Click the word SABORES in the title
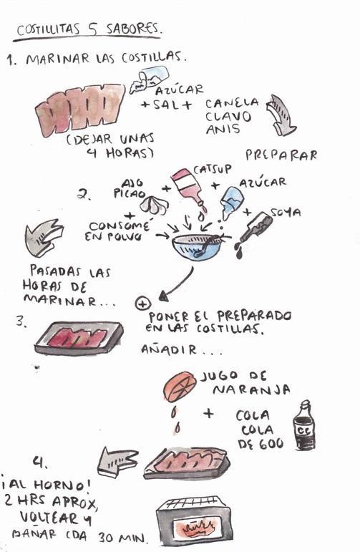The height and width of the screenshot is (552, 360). [133, 29]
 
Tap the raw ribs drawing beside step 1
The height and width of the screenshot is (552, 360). [80, 110]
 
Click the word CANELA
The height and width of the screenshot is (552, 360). [232, 104]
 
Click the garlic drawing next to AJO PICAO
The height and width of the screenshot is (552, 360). [155, 205]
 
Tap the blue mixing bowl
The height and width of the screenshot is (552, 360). [199, 247]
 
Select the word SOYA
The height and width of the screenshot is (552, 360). [286, 213]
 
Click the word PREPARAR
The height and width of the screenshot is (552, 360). [281, 155]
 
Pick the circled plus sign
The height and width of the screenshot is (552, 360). [142, 303]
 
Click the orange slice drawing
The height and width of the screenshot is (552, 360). [180, 387]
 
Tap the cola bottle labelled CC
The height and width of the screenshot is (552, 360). [304, 425]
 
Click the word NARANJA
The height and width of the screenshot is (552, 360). [251, 389]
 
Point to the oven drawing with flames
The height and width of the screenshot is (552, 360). [195, 521]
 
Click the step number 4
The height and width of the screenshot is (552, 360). [40, 462]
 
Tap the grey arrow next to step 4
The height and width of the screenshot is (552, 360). [117, 462]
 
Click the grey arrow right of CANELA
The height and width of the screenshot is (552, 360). [281, 115]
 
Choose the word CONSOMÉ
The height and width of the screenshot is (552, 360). [120, 226]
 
